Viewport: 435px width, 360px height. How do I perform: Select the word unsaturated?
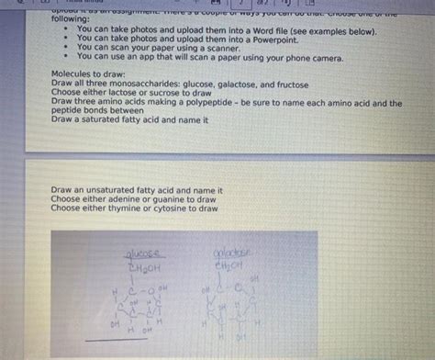pos(109,191)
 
